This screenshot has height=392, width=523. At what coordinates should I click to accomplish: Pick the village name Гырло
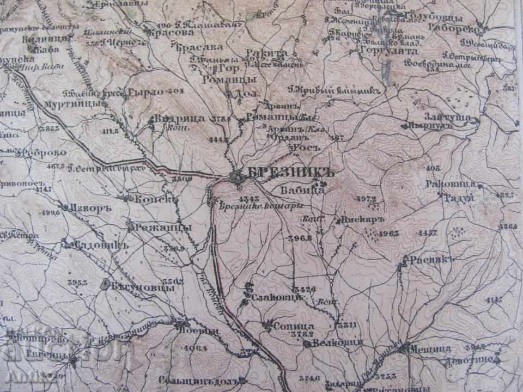(145, 91)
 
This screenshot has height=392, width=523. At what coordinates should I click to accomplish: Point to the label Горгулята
(388, 51)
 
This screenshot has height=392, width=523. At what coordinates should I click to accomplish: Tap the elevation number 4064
(192, 348)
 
